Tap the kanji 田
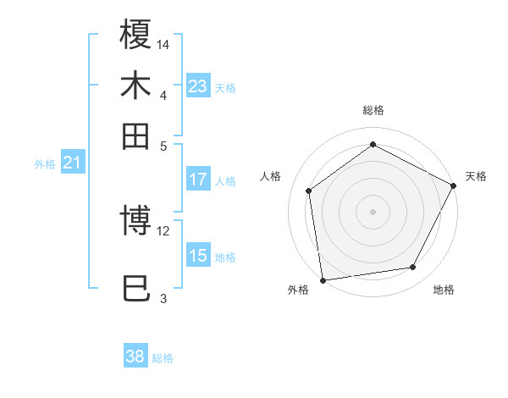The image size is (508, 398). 136,135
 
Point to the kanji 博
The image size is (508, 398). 136,222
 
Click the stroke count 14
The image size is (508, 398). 164,43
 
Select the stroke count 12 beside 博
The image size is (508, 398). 163,230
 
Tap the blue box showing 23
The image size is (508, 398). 198,86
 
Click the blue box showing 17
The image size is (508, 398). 198,180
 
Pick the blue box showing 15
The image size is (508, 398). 198,256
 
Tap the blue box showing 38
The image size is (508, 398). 135,357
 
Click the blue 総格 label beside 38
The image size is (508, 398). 163,358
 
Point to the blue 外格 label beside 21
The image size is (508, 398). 45,164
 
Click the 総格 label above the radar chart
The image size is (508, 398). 373,110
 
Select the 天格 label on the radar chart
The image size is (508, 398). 476,176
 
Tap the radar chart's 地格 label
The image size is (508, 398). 444,290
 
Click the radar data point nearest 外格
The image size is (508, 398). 323,279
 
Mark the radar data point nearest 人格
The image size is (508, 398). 309,191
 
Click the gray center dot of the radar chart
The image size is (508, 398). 373,211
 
